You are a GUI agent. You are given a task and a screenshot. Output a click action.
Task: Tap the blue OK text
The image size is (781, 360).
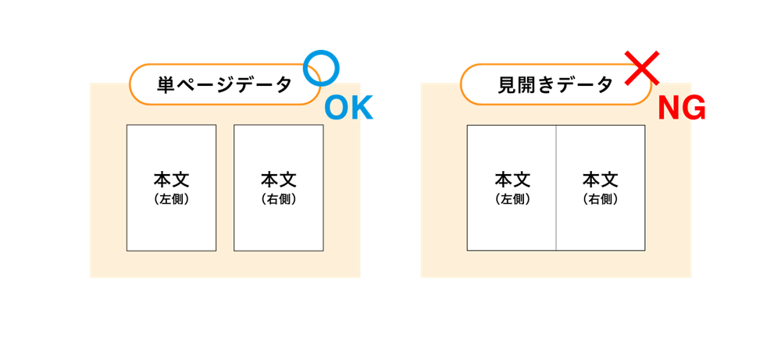click(348, 109)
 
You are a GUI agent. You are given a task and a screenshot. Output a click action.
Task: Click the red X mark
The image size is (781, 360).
click(642, 68)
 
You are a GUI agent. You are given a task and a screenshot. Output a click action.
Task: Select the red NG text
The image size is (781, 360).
click(681, 108)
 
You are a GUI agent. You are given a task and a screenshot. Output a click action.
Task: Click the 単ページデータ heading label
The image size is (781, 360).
click(225, 85)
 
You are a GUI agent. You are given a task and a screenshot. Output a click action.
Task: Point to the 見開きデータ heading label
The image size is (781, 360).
click(555, 85)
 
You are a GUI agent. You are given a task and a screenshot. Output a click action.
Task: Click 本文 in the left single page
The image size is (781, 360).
click(171, 179)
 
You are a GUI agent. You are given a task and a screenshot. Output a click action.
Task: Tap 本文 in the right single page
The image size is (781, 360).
click(279, 179)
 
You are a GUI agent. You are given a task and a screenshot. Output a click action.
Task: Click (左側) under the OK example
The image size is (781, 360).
click(171, 199)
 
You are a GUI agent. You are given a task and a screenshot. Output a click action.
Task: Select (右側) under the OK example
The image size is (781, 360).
click(279, 199)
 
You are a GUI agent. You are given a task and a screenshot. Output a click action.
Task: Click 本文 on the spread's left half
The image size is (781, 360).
click(512, 179)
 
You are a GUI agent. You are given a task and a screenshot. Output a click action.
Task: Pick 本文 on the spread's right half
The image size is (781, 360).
click(600, 179)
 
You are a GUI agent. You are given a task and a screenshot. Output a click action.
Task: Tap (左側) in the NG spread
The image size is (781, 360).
click(512, 199)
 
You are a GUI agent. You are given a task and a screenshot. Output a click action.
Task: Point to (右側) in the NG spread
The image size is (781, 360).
click(600, 199)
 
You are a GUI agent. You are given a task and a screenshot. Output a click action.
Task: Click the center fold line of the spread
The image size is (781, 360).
click(556, 187)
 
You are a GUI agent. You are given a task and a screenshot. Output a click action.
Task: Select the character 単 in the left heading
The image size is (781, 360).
click(166, 85)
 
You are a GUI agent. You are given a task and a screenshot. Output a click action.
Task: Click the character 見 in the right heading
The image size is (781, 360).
click(507, 85)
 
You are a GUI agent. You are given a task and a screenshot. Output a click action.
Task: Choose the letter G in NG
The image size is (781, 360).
click(694, 108)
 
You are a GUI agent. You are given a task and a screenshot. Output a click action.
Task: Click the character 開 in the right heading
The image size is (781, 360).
click(526, 85)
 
